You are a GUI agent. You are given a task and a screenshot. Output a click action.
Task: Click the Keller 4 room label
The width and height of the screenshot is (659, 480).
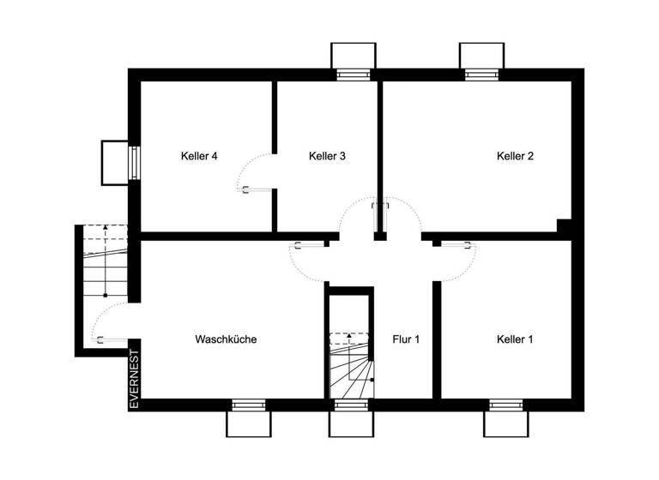[x=199, y=156]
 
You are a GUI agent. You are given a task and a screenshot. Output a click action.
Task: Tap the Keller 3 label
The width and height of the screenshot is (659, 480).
[x=327, y=156]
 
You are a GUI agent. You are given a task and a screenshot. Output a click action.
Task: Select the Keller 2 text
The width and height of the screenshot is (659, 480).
[x=515, y=156]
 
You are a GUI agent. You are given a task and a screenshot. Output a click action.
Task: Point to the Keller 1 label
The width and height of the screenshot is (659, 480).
[x=515, y=339]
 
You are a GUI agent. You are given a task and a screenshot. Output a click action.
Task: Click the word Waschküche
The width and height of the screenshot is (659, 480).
[x=226, y=339]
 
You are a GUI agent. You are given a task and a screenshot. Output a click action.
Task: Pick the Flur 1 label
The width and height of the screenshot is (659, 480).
[x=405, y=339]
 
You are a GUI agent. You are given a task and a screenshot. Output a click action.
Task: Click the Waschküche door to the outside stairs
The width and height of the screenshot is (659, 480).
[x=106, y=326]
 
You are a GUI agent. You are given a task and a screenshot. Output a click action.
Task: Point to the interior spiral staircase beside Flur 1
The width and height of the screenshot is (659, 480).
[x=352, y=367]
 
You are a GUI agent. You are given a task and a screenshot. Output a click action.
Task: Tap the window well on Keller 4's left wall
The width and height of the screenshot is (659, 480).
[x=115, y=162]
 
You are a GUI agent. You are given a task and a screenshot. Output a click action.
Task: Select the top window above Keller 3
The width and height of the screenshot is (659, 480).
[x=352, y=60]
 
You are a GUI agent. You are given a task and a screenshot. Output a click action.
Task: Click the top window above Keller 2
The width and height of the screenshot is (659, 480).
[x=479, y=60]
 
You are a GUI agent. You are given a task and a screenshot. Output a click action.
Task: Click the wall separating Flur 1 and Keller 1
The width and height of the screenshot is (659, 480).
[x=436, y=339]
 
